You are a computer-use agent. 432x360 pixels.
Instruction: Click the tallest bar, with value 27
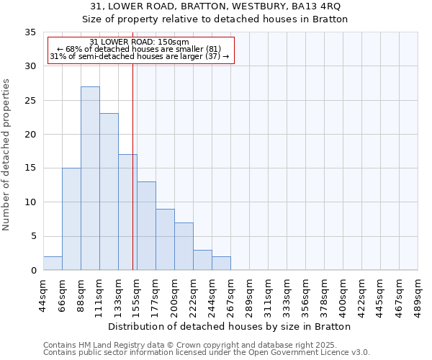click(x=90, y=179)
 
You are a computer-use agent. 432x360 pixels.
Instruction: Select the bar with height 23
click(x=109, y=192)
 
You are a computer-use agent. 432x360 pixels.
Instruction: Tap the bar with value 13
click(x=146, y=225)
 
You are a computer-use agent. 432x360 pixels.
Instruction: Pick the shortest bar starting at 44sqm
click(x=53, y=263)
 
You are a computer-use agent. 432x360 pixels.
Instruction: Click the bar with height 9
click(x=165, y=239)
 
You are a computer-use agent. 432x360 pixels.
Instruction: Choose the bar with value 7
click(x=184, y=246)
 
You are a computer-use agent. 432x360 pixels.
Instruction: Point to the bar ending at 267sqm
click(x=221, y=263)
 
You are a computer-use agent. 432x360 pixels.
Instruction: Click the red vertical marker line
click(x=133, y=166)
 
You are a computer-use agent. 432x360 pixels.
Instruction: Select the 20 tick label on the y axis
click(x=30, y=135)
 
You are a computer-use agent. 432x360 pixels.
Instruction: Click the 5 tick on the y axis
click(x=33, y=237)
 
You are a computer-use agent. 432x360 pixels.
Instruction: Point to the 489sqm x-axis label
click(x=418, y=292)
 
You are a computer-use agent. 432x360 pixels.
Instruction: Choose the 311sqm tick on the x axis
click(x=268, y=292)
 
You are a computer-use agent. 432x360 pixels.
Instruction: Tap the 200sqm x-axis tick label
click(x=174, y=292)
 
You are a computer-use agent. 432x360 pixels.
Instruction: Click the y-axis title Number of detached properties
click(x=7, y=155)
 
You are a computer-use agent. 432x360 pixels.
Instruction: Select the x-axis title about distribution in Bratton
click(x=230, y=326)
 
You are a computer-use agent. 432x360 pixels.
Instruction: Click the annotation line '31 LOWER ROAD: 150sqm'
click(x=140, y=42)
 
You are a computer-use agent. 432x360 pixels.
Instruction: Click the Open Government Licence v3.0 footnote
click(x=206, y=353)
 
